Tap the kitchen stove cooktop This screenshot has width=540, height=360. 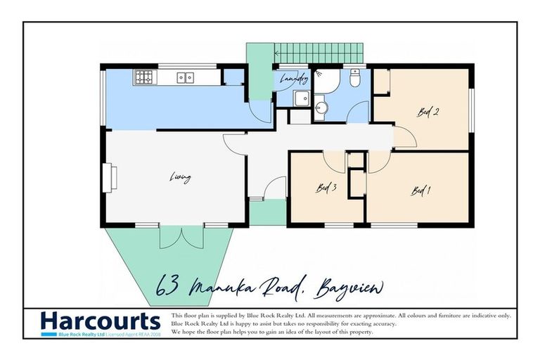pyautogui.click(x=143, y=77)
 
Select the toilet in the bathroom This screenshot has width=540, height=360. pyautogui.click(x=355, y=79)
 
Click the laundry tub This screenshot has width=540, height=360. pyautogui.click(x=302, y=98)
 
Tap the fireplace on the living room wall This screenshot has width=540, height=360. pyautogui.click(x=109, y=177)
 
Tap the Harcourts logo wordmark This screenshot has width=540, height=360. pyautogui.click(x=100, y=321)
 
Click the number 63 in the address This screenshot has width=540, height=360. pyautogui.click(x=167, y=287)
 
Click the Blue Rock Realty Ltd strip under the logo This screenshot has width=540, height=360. pyautogui.click(x=100, y=335)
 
